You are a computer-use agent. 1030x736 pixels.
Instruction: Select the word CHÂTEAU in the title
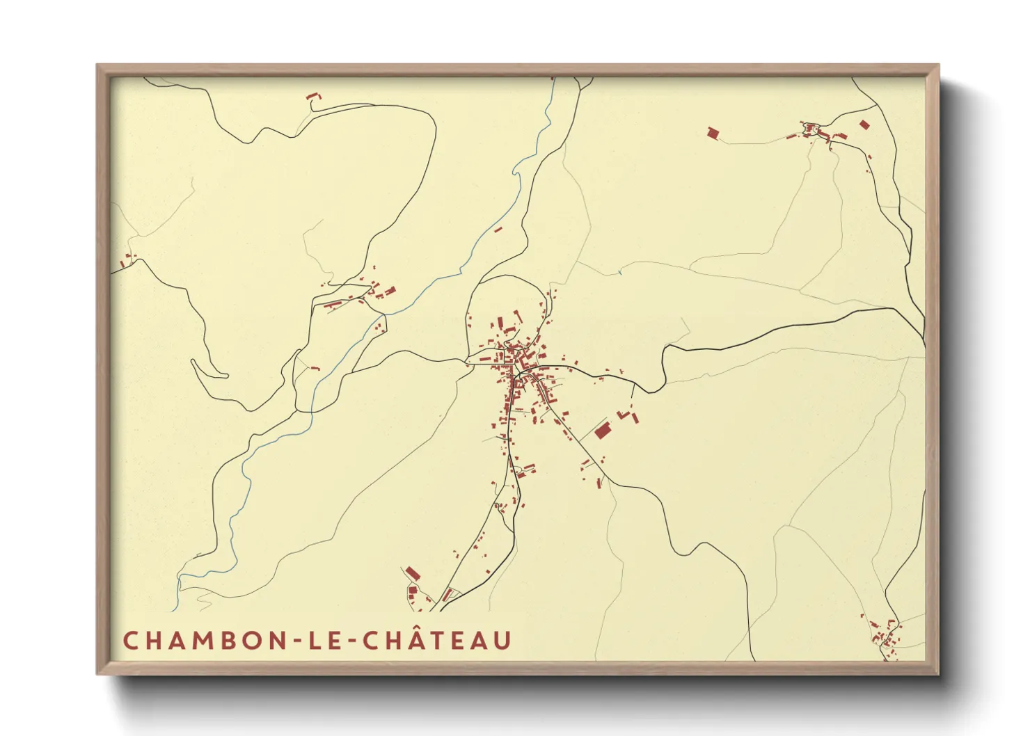[x=437, y=641]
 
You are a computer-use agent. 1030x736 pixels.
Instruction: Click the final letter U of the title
[x=503, y=641]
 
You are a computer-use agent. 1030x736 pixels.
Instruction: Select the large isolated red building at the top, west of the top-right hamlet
[x=712, y=132]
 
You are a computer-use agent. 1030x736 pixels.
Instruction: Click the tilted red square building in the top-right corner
[x=864, y=125]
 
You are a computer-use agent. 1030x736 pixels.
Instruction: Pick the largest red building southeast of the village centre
[x=602, y=430]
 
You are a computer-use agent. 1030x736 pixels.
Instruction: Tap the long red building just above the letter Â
[x=413, y=573]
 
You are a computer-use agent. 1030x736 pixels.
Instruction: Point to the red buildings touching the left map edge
[x=125, y=262]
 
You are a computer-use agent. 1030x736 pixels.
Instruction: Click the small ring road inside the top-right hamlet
[x=809, y=129]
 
